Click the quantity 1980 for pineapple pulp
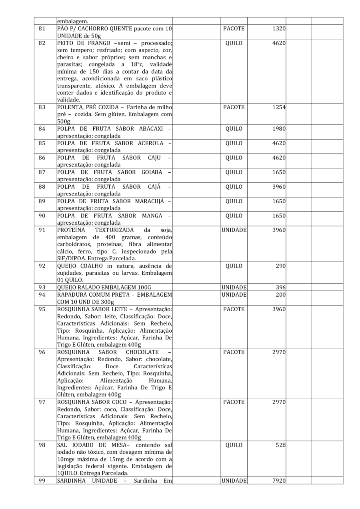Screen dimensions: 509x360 pyautogui.click(x=278, y=129)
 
